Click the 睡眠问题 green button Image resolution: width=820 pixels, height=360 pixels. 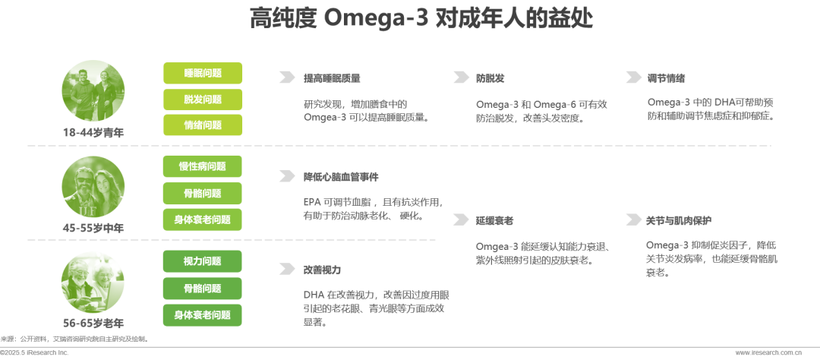click(x=203, y=73)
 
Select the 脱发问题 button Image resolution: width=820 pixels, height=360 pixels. click(x=203, y=99)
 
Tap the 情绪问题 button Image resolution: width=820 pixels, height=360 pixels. click(x=203, y=125)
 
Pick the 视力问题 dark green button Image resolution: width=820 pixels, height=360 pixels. click(x=203, y=261)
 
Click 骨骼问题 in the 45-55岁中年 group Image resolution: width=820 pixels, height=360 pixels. click(x=203, y=193)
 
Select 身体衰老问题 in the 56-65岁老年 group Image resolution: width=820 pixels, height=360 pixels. click(x=203, y=314)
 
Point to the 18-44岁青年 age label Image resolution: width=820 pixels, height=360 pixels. click(x=93, y=132)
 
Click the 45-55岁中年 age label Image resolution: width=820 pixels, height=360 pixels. click(x=93, y=227)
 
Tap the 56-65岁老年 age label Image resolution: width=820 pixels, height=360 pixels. click(x=93, y=323)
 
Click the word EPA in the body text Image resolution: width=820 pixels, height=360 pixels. click(x=313, y=203)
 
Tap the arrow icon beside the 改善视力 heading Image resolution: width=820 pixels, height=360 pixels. click(x=286, y=270)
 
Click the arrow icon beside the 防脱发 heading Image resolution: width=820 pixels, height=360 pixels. click(x=460, y=77)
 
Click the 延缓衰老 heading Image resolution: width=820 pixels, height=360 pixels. click(x=494, y=220)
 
